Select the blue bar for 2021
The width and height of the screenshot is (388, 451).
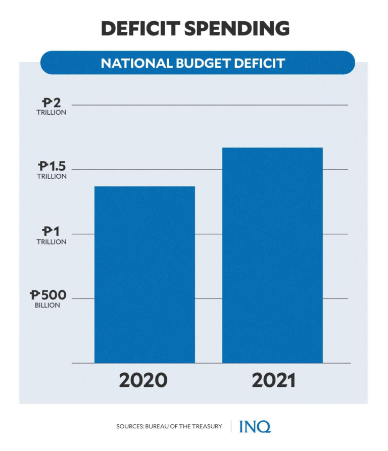(272, 255)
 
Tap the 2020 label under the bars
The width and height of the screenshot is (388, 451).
(143, 381)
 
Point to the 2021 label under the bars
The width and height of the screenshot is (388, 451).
(273, 381)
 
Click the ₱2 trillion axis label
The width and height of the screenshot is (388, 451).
(52, 107)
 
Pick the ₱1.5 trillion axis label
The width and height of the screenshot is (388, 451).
(52, 170)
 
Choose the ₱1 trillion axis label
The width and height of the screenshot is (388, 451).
(52, 235)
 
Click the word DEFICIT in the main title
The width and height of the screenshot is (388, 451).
(139, 28)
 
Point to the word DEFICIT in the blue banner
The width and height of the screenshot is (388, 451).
(257, 64)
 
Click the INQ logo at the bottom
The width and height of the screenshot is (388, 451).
(255, 426)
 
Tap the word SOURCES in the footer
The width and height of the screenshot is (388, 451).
(130, 427)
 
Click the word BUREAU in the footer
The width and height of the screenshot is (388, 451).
(161, 427)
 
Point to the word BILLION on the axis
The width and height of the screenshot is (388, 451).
(47, 306)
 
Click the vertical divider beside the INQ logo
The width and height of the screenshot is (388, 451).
(231, 426)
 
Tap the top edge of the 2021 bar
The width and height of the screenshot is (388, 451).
(272, 148)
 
